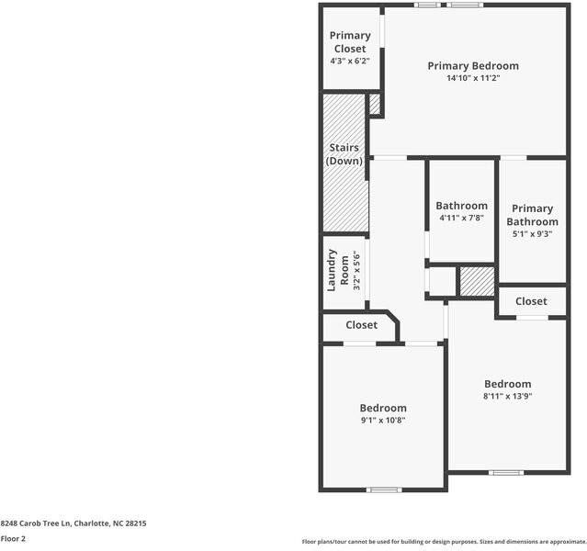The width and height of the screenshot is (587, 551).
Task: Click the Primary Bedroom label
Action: pyautogui.click(x=473, y=66)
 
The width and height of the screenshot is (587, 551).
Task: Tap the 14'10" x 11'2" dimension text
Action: pyautogui.click(x=473, y=79)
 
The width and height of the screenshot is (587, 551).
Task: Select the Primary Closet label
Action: pyautogui.click(x=350, y=42)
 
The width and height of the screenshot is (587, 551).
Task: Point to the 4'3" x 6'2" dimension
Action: pyautogui.click(x=350, y=61)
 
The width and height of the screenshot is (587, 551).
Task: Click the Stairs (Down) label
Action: pyautogui.click(x=344, y=154)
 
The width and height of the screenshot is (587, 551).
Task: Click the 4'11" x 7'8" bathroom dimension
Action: pyautogui.click(x=461, y=219)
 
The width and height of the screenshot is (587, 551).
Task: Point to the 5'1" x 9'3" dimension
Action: pyautogui.click(x=532, y=234)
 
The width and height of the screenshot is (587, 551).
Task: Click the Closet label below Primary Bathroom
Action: pyautogui.click(x=531, y=301)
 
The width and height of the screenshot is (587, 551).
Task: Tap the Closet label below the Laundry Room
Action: pyautogui.click(x=361, y=325)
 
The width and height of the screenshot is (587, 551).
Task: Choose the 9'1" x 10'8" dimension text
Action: pyautogui.click(x=382, y=421)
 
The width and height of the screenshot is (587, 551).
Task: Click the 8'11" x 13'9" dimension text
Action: pyautogui.click(x=508, y=397)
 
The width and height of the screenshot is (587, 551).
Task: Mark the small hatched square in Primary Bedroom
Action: pyautogui.click(x=375, y=104)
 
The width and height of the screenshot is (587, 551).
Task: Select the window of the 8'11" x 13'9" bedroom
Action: pyautogui.click(x=505, y=473)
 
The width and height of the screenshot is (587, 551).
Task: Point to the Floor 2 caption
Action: pyautogui.click(x=14, y=539)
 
